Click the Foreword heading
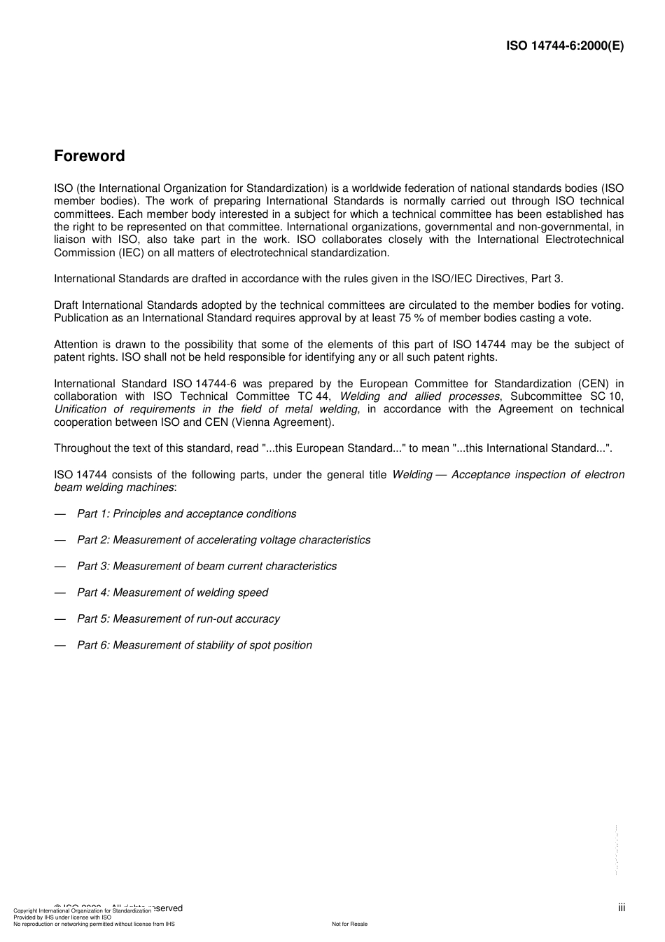(89, 156)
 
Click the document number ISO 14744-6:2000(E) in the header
(564, 46)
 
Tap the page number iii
(621, 908)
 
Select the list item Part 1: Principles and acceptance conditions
(186, 514)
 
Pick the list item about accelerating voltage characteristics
(223, 540)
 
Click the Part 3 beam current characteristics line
(206, 567)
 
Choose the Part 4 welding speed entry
(172, 593)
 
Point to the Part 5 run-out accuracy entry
(178, 619)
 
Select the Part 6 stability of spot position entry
(194, 645)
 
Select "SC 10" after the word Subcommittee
(606, 396)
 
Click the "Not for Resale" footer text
(349, 924)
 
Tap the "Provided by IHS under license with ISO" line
(62, 917)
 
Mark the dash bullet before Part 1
(60, 514)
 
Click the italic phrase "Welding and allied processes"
(419, 396)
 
